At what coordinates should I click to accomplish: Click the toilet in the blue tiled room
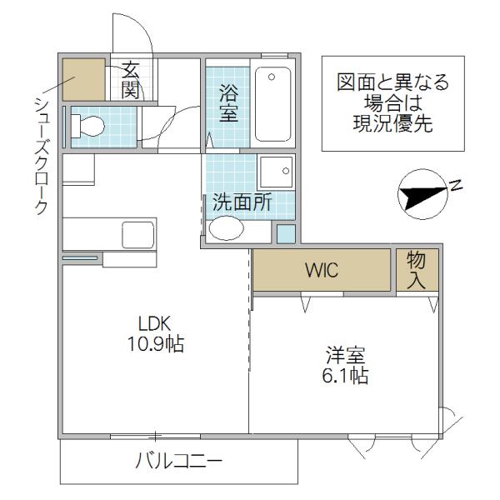tap(88, 127)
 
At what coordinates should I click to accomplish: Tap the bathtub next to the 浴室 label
tap(273, 104)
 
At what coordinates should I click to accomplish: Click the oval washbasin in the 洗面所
tap(226, 228)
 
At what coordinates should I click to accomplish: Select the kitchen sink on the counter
tap(137, 235)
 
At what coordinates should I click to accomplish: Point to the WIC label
tap(322, 270)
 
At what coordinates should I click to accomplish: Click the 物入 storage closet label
tap(416, 270)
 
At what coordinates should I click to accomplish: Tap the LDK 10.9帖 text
tap(155, 333)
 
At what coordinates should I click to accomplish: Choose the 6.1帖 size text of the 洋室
tap(345, 375)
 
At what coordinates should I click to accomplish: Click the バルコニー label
tap(178, 461)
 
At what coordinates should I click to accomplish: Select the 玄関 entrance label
tap(131, 80)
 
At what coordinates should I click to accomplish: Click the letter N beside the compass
tap(456, 185)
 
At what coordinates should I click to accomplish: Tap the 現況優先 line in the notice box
tap(392, 123)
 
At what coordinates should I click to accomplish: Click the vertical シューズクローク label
tap(41, 156)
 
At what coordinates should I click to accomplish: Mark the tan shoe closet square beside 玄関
tap(84, 79)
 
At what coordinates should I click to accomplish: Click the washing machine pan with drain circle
tap(277, 172)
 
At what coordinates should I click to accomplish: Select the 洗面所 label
tap(242, 202)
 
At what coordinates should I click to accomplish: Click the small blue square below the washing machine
tap(286, 233)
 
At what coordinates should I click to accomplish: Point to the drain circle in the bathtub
tap(272, 77)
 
